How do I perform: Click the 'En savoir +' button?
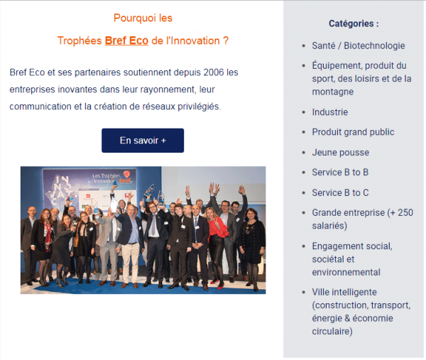(143, 141)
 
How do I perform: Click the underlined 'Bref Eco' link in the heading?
(126, 40)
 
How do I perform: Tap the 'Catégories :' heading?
(354, 23)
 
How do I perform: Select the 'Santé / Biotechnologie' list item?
(359, 45)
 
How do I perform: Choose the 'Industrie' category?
(330, 112)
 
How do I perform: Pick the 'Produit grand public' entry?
(353, 132)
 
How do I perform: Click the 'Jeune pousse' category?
(340, 153)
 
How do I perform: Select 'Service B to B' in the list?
(340, 173)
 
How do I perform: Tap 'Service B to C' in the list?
(340, 192)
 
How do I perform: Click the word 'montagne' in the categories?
(333, 92)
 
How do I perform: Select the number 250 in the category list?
(405, 212)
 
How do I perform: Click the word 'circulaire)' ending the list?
(332, 332)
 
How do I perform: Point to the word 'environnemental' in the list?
(346, 272)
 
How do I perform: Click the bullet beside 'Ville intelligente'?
(304, 293)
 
